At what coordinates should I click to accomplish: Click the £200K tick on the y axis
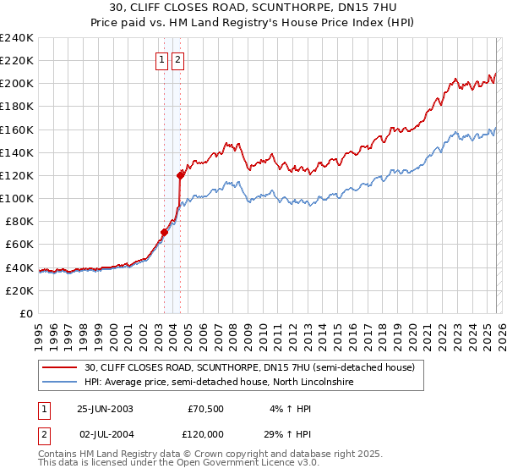point(16,84)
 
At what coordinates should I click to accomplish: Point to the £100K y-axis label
point(16,198)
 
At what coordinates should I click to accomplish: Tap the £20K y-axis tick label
point(19,290)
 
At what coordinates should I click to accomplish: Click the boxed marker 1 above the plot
point(161,60)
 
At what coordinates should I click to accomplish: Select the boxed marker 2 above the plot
point(178,60)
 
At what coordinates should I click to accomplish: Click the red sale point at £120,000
point(180,175)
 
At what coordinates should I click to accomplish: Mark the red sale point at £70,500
point(165,232)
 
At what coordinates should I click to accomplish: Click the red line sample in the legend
point(60,368)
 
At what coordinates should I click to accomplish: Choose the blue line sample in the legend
point(60,383)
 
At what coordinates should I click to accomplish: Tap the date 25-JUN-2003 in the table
point(105,408)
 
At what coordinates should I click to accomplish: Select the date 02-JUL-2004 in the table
point(105,433)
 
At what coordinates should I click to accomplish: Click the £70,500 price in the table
point(206,408)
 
